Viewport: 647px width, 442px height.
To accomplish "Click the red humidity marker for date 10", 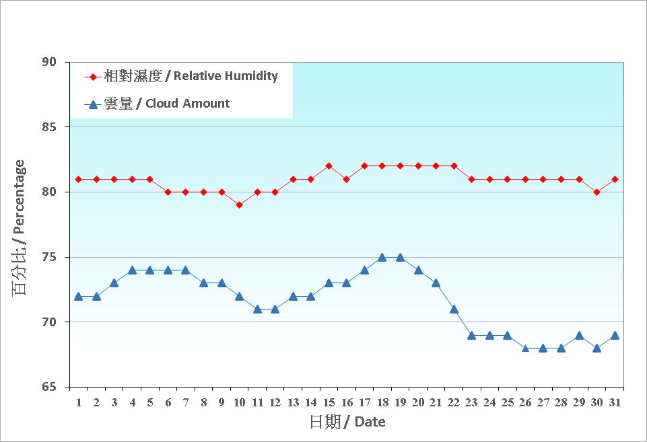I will [239, 205].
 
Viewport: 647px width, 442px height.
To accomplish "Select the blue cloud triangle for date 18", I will [382, 257].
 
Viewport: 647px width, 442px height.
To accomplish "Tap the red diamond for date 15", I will [329, 166].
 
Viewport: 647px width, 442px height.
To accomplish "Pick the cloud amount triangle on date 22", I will [454, 309].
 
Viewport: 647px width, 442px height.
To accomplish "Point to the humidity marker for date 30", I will [597, 192].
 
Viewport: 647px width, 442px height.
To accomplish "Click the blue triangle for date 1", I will [78, 296].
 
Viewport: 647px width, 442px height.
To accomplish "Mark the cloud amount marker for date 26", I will [525, 348].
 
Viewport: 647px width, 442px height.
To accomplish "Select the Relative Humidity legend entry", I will [182, 77].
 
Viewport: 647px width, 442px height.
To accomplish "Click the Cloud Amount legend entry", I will [158, 104].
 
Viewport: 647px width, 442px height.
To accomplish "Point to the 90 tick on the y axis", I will [50, 62].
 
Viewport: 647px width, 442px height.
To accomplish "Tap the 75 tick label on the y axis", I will [50, 258].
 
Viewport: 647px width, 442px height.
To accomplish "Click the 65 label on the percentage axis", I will [50, 388].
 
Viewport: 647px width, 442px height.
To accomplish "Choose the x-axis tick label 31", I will [615, 402].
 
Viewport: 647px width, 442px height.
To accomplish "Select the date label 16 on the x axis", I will [347, 402].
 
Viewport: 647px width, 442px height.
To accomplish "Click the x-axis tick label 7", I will [186, 402].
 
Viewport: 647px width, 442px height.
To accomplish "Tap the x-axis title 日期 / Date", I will [347, 422].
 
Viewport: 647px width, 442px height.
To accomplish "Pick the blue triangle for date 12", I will [275, 309].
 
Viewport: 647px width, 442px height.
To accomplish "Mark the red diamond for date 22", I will [454, 166].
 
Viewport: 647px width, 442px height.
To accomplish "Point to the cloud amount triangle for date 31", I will [615, 335].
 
